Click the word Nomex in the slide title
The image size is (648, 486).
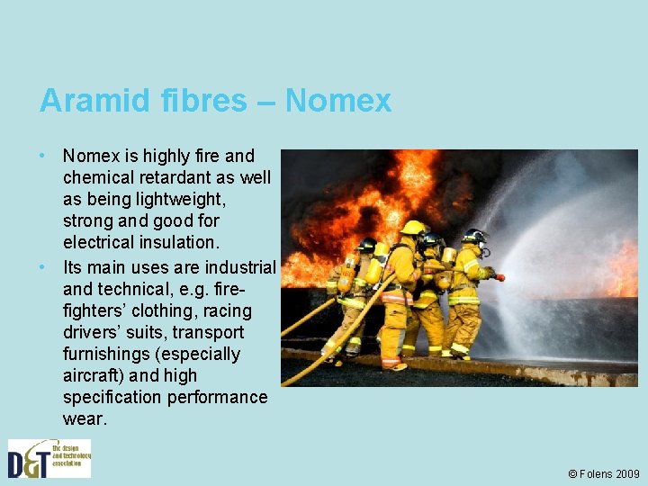(x=338, y=100)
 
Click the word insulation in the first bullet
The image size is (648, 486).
(x=180, y=242)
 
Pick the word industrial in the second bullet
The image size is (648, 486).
(x=240, y=267)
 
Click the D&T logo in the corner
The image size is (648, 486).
(x=49, y=458)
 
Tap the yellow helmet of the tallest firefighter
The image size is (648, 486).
(x=413, y=228)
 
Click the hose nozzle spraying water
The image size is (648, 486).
(x=499, y=276)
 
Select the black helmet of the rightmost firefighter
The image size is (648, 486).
(x=474, y=236)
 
